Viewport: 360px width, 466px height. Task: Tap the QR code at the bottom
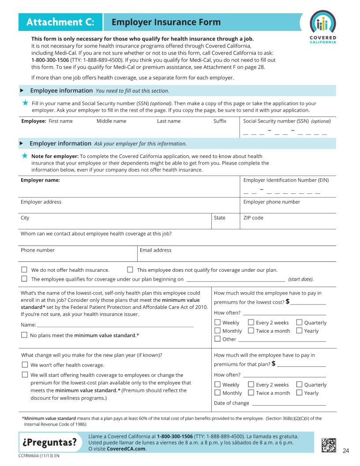click(x=329, y=444)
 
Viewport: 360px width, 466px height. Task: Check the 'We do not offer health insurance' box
click(x=24, y=270)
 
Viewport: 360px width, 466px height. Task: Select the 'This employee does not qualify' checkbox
click(x=130, y=270)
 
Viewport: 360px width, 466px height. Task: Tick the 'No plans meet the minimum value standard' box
click(x=24, y=335)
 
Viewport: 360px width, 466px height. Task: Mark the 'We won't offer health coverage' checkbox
click(x=24, y=365)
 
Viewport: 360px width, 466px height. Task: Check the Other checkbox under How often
click(x=217, y=339)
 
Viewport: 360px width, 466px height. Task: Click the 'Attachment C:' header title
click(x=60, y=22)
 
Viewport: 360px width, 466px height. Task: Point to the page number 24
click(x=345, y=451)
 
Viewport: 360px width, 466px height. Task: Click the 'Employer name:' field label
click(x=40, y=180)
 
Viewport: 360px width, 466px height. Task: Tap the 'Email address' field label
click(x=155, y=250)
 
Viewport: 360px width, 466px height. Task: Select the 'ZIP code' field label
click(x=253, y=218)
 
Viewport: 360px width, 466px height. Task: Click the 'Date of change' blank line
click(x=289, y=403)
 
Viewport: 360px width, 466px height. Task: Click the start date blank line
click(x=236, y=279)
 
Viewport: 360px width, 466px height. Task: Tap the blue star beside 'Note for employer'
click(x=25, y=156)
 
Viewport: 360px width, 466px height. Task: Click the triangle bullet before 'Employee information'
click(x=22, y=90)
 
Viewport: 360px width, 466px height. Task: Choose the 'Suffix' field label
click(x=220, y=121)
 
